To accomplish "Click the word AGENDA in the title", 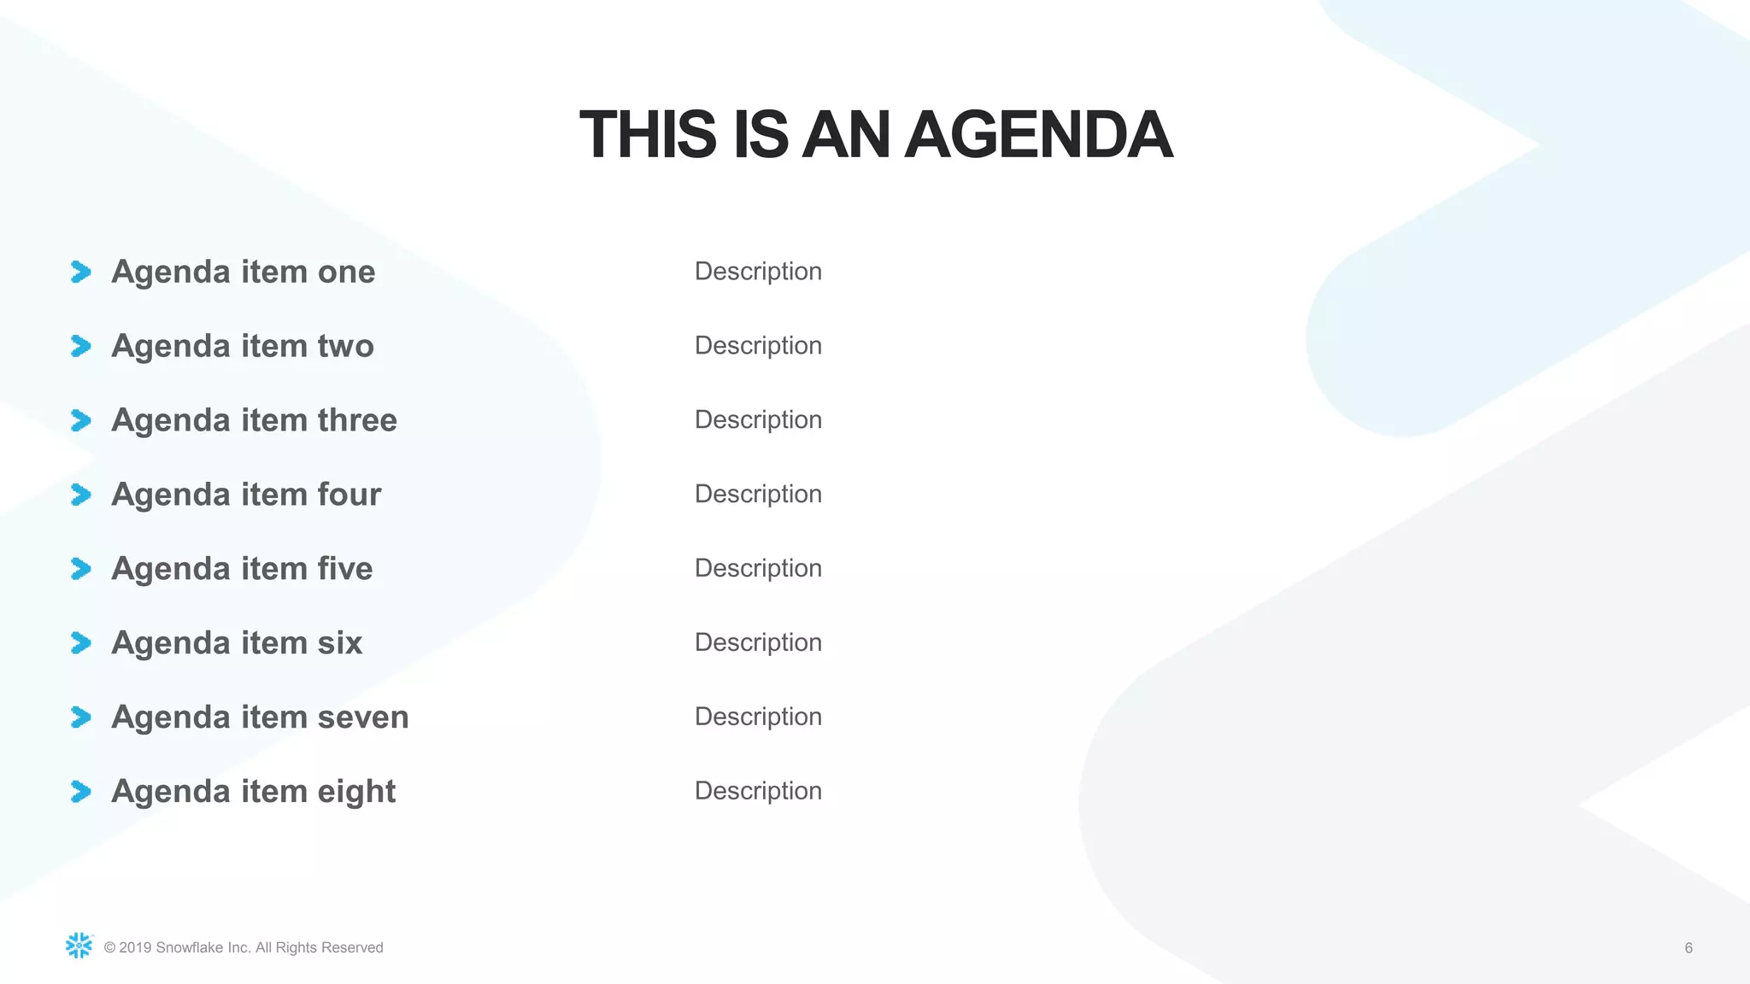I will [1038, 135].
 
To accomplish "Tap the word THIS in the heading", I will [648, 135].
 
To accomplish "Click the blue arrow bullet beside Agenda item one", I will [81, 272].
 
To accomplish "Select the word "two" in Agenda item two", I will [346, 346].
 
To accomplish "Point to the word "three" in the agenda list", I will [357, 420].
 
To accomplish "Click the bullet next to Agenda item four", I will [81, 495].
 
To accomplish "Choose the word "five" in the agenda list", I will [345, 569].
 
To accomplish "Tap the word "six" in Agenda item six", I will [340, 643].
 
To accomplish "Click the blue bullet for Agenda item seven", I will [81, 717].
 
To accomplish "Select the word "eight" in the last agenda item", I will [356, 792].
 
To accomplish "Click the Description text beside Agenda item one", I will [758, 272].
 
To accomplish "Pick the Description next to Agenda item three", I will [758, 420].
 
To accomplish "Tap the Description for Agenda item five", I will [758, 569].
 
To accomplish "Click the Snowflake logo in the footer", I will [79, 946].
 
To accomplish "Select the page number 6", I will [1688, 948].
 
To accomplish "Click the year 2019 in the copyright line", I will [135, 948].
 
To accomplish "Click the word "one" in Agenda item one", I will [346, 272].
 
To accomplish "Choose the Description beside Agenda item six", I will [758, 643].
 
